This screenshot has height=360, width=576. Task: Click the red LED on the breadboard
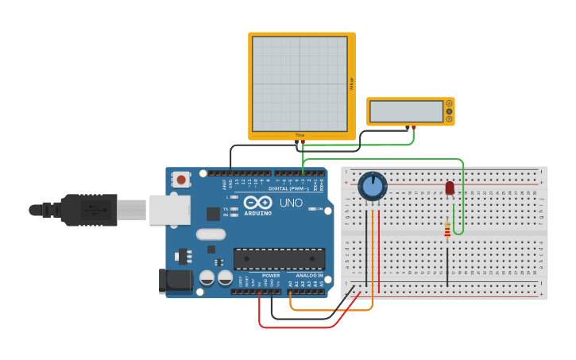click(x=450, y=188)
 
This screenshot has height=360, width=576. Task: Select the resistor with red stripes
click(x=447, y=230)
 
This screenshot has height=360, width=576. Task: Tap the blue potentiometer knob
click(x=372, y=186)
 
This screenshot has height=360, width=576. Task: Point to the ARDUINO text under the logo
click(x=257, y=213)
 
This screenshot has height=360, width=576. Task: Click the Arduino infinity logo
click(x=257, y=202)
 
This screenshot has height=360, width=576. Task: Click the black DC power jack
click(x=176, y=280)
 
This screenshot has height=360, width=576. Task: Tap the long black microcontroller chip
click(x=279, y=259)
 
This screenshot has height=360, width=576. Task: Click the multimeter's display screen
click(x=406, y=111)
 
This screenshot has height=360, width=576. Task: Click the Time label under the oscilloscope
click(x=300, y=135)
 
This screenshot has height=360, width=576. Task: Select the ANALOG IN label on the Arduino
click(x=309, y=275)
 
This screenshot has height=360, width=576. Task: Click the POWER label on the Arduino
click(x=271, y=275)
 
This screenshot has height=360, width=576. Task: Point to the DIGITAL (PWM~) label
click(x=288, y=188)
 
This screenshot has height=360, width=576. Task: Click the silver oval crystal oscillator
click(x=211, y=234)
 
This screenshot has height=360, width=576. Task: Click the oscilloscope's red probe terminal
click(x=303, y=142)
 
